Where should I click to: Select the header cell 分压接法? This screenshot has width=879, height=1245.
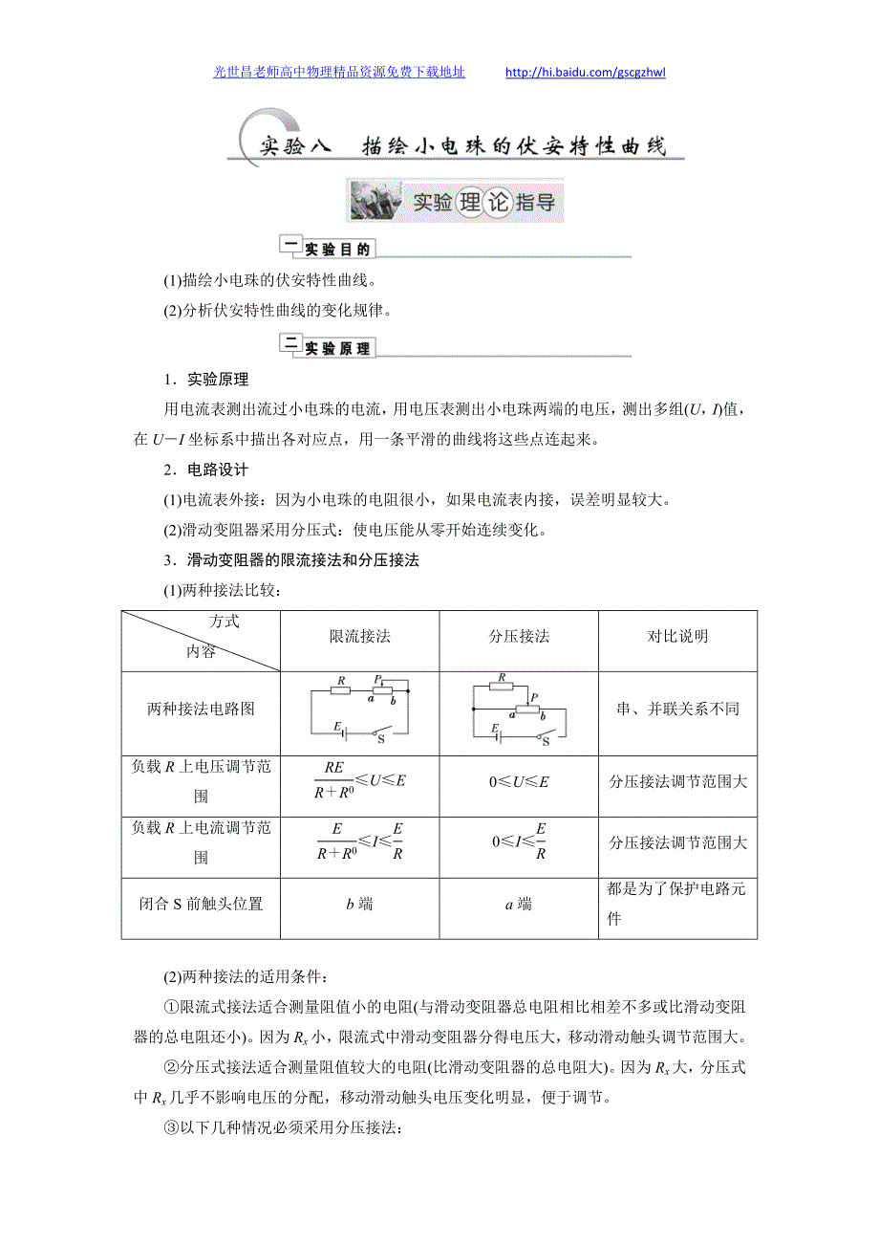(519, 637)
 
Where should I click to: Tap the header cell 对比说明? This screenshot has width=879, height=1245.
(677, 637)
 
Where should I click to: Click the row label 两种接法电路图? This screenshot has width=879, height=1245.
(201, 710)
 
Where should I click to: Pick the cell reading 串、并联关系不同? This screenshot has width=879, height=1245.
(677, 710)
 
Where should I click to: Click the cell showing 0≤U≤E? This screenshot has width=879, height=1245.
(519, 781)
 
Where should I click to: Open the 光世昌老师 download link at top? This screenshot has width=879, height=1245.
(339, 72)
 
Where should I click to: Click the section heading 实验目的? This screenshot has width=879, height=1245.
(336, 250)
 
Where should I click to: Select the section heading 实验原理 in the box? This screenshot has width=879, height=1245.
(336, 349)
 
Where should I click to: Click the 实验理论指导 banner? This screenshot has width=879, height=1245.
(454, 202)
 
